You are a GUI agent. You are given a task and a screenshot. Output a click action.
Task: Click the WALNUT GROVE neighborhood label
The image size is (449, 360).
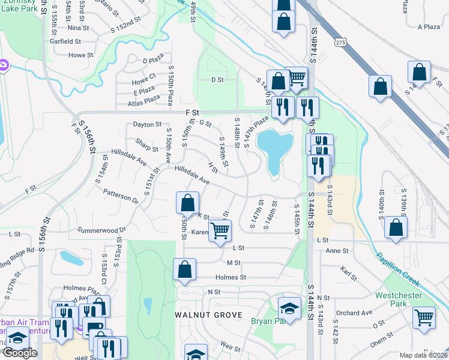pyautogui.click(x=208, y=315)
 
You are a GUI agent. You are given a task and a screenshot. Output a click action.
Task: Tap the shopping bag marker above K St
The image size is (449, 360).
pyautogui.click(x=188, y=202)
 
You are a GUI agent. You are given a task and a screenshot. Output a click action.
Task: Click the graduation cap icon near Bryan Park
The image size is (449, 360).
pyautogui.click(x=289, y=308)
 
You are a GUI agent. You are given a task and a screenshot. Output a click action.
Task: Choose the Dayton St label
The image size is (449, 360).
pyautogui.click(x=148, y=125)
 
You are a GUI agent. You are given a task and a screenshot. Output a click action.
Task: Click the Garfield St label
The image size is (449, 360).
pyautogui.click(x=66, y=41)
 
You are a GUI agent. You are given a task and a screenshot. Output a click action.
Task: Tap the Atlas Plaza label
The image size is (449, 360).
pyautogui.click(x=144, y=100)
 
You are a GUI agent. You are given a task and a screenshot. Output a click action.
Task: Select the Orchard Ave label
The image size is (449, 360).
pyautogui.click(x=354, y=313)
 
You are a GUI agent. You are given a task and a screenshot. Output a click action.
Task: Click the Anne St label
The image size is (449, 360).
pyautogui.click(x=337, y=251)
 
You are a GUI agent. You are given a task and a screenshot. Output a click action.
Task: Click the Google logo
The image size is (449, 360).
pyautogui.click(x=19, y=353)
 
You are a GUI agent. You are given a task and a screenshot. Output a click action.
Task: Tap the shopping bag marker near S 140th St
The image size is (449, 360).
pyautogui.click(x=396, y=228)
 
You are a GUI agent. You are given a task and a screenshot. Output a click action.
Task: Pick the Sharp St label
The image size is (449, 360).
pyautogui.click(x=146, y=144)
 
